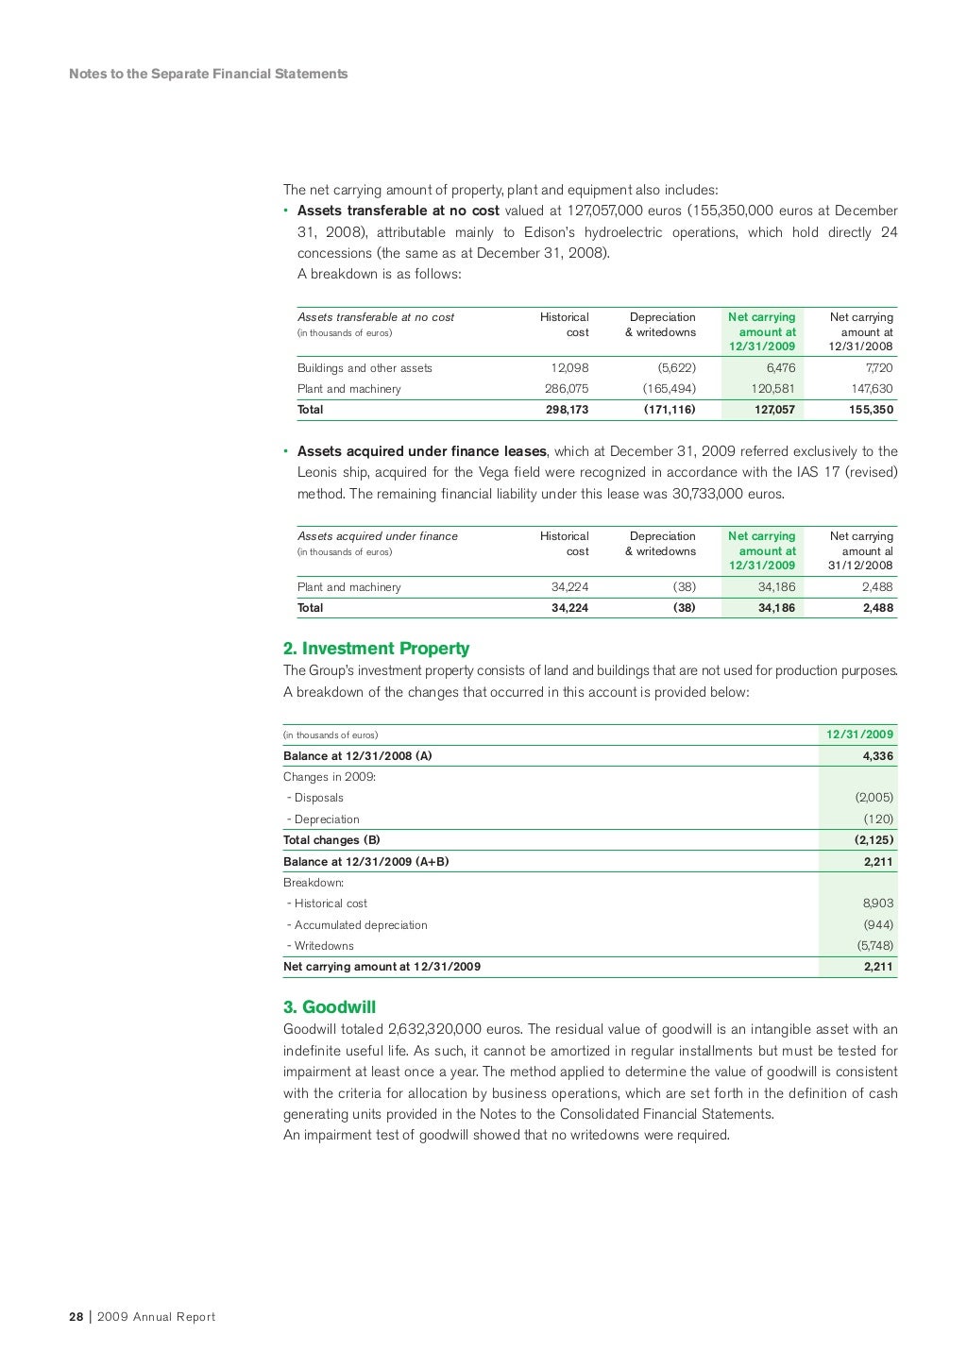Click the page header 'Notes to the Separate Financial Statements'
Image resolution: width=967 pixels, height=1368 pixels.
[x=208, y=74]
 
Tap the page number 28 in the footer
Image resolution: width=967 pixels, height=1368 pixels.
[x=76, y=1317]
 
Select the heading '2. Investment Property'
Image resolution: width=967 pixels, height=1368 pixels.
[x=376, y=649]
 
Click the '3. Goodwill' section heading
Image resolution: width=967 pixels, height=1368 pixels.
[x=330, y=1007]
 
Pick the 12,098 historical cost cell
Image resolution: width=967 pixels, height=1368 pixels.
[x=569, y=368]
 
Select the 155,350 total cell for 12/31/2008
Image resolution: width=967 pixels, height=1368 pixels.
[x=871, y=410]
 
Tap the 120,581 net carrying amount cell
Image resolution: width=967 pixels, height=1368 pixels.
[x=772, y=389]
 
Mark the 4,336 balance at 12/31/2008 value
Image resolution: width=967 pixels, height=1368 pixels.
[x=877, y=756]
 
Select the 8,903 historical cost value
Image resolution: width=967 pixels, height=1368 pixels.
[x=877, y=904]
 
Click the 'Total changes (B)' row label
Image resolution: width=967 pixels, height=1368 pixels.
[x=331, y=840]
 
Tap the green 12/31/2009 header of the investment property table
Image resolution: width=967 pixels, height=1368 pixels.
[x=859, y=735]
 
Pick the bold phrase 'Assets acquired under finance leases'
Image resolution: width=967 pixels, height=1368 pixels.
[x=422, y=451]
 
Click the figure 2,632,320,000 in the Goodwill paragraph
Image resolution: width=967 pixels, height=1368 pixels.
[x=434, y=1029]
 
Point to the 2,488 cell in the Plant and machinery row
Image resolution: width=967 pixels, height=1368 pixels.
[x=877, y=587]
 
